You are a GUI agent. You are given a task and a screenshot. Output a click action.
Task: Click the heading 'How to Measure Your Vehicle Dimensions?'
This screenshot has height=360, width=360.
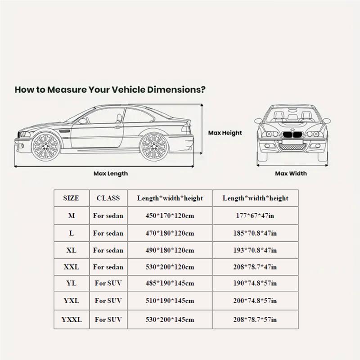coord(110,89)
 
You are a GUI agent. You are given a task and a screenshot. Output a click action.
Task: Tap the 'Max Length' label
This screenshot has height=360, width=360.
coord(110,173)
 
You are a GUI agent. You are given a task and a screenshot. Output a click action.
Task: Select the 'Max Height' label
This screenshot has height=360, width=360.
coord(225,133)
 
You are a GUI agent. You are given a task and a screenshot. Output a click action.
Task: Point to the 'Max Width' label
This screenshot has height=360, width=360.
coord(291,173)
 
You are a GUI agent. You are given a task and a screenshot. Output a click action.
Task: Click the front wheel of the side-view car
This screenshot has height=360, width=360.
coord(46,147)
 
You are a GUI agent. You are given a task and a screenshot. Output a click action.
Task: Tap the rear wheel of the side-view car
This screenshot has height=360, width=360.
coord(153,147)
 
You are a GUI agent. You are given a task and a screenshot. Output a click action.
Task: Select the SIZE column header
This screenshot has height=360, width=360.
coord(72,198)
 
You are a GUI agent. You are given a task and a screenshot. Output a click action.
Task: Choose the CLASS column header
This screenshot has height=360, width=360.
coord(108,198)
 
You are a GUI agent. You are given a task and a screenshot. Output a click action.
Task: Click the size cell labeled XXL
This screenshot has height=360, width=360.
coord(72,267)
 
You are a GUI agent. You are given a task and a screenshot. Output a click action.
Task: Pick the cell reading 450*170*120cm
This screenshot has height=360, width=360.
coord(170,216)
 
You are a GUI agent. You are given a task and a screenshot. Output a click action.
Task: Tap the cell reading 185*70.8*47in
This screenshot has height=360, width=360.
coord(255,233)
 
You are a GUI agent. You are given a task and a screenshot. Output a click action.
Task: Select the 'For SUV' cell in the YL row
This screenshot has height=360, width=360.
coord(108,284)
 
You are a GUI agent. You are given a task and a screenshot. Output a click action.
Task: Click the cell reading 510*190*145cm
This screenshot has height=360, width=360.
coord(170,301)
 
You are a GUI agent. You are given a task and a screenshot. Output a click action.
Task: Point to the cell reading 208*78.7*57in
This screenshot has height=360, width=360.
coord(255,319)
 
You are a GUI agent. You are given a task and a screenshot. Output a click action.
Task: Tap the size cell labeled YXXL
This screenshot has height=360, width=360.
coord(72,319)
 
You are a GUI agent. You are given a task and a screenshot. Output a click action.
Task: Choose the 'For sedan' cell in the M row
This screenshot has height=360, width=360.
coord(108,216)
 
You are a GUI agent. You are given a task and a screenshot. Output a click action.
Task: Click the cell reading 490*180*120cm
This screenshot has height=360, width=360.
coord(170,250)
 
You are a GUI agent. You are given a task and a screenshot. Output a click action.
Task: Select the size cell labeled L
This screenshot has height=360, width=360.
coord(72,233)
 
